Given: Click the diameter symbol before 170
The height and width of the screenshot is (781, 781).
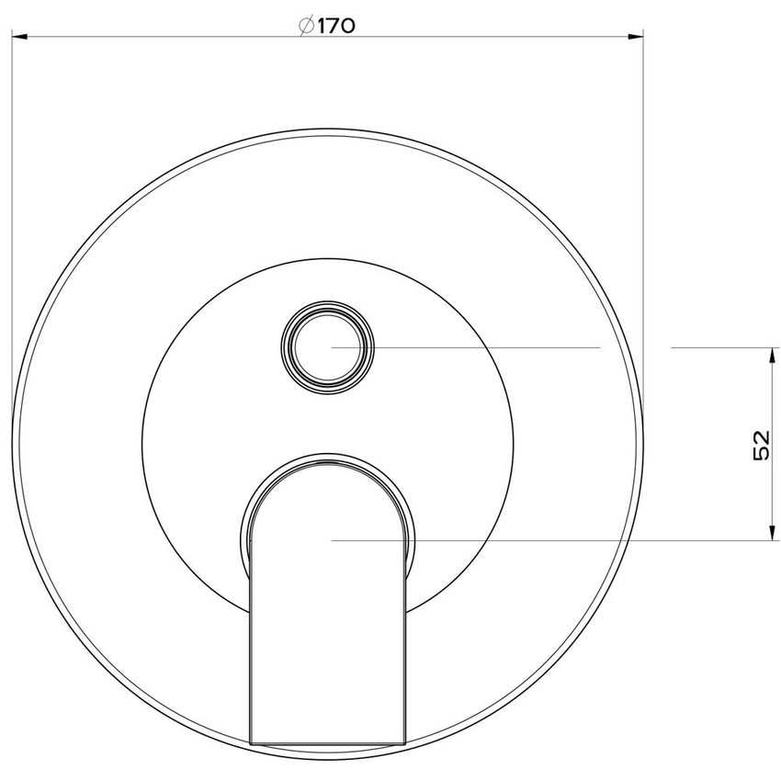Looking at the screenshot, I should (x=308, y=26).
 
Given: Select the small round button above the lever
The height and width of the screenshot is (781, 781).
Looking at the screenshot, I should (x=328, y=347).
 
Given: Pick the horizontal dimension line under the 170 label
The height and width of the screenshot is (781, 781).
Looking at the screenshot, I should (x=184, y=37).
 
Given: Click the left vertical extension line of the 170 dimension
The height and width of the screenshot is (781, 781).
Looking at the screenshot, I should (x=11, y=184).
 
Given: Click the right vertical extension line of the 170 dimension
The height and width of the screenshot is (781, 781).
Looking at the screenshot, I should (x=643, y=184).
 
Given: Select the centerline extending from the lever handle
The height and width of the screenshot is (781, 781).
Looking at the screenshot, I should (x=551, y=540).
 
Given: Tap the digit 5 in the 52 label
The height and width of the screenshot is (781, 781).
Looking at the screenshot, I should (x=761, y=455).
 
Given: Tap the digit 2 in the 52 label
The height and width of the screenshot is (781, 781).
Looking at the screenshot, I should (x=761, y=436).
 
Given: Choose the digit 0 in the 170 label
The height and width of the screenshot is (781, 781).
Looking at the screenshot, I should (x=347, y=26).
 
